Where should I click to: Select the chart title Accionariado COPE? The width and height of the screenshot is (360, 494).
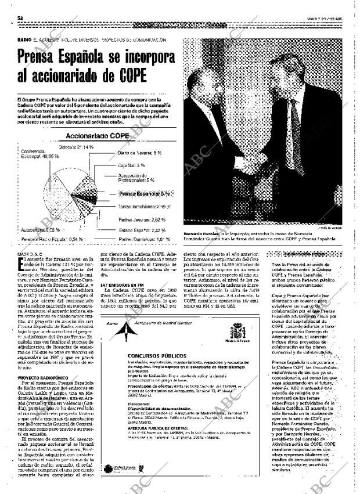(98, 136)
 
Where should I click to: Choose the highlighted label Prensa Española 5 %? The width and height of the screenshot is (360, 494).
(144, 193)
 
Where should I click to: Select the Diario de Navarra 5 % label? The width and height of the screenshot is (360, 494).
(139, 153)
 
